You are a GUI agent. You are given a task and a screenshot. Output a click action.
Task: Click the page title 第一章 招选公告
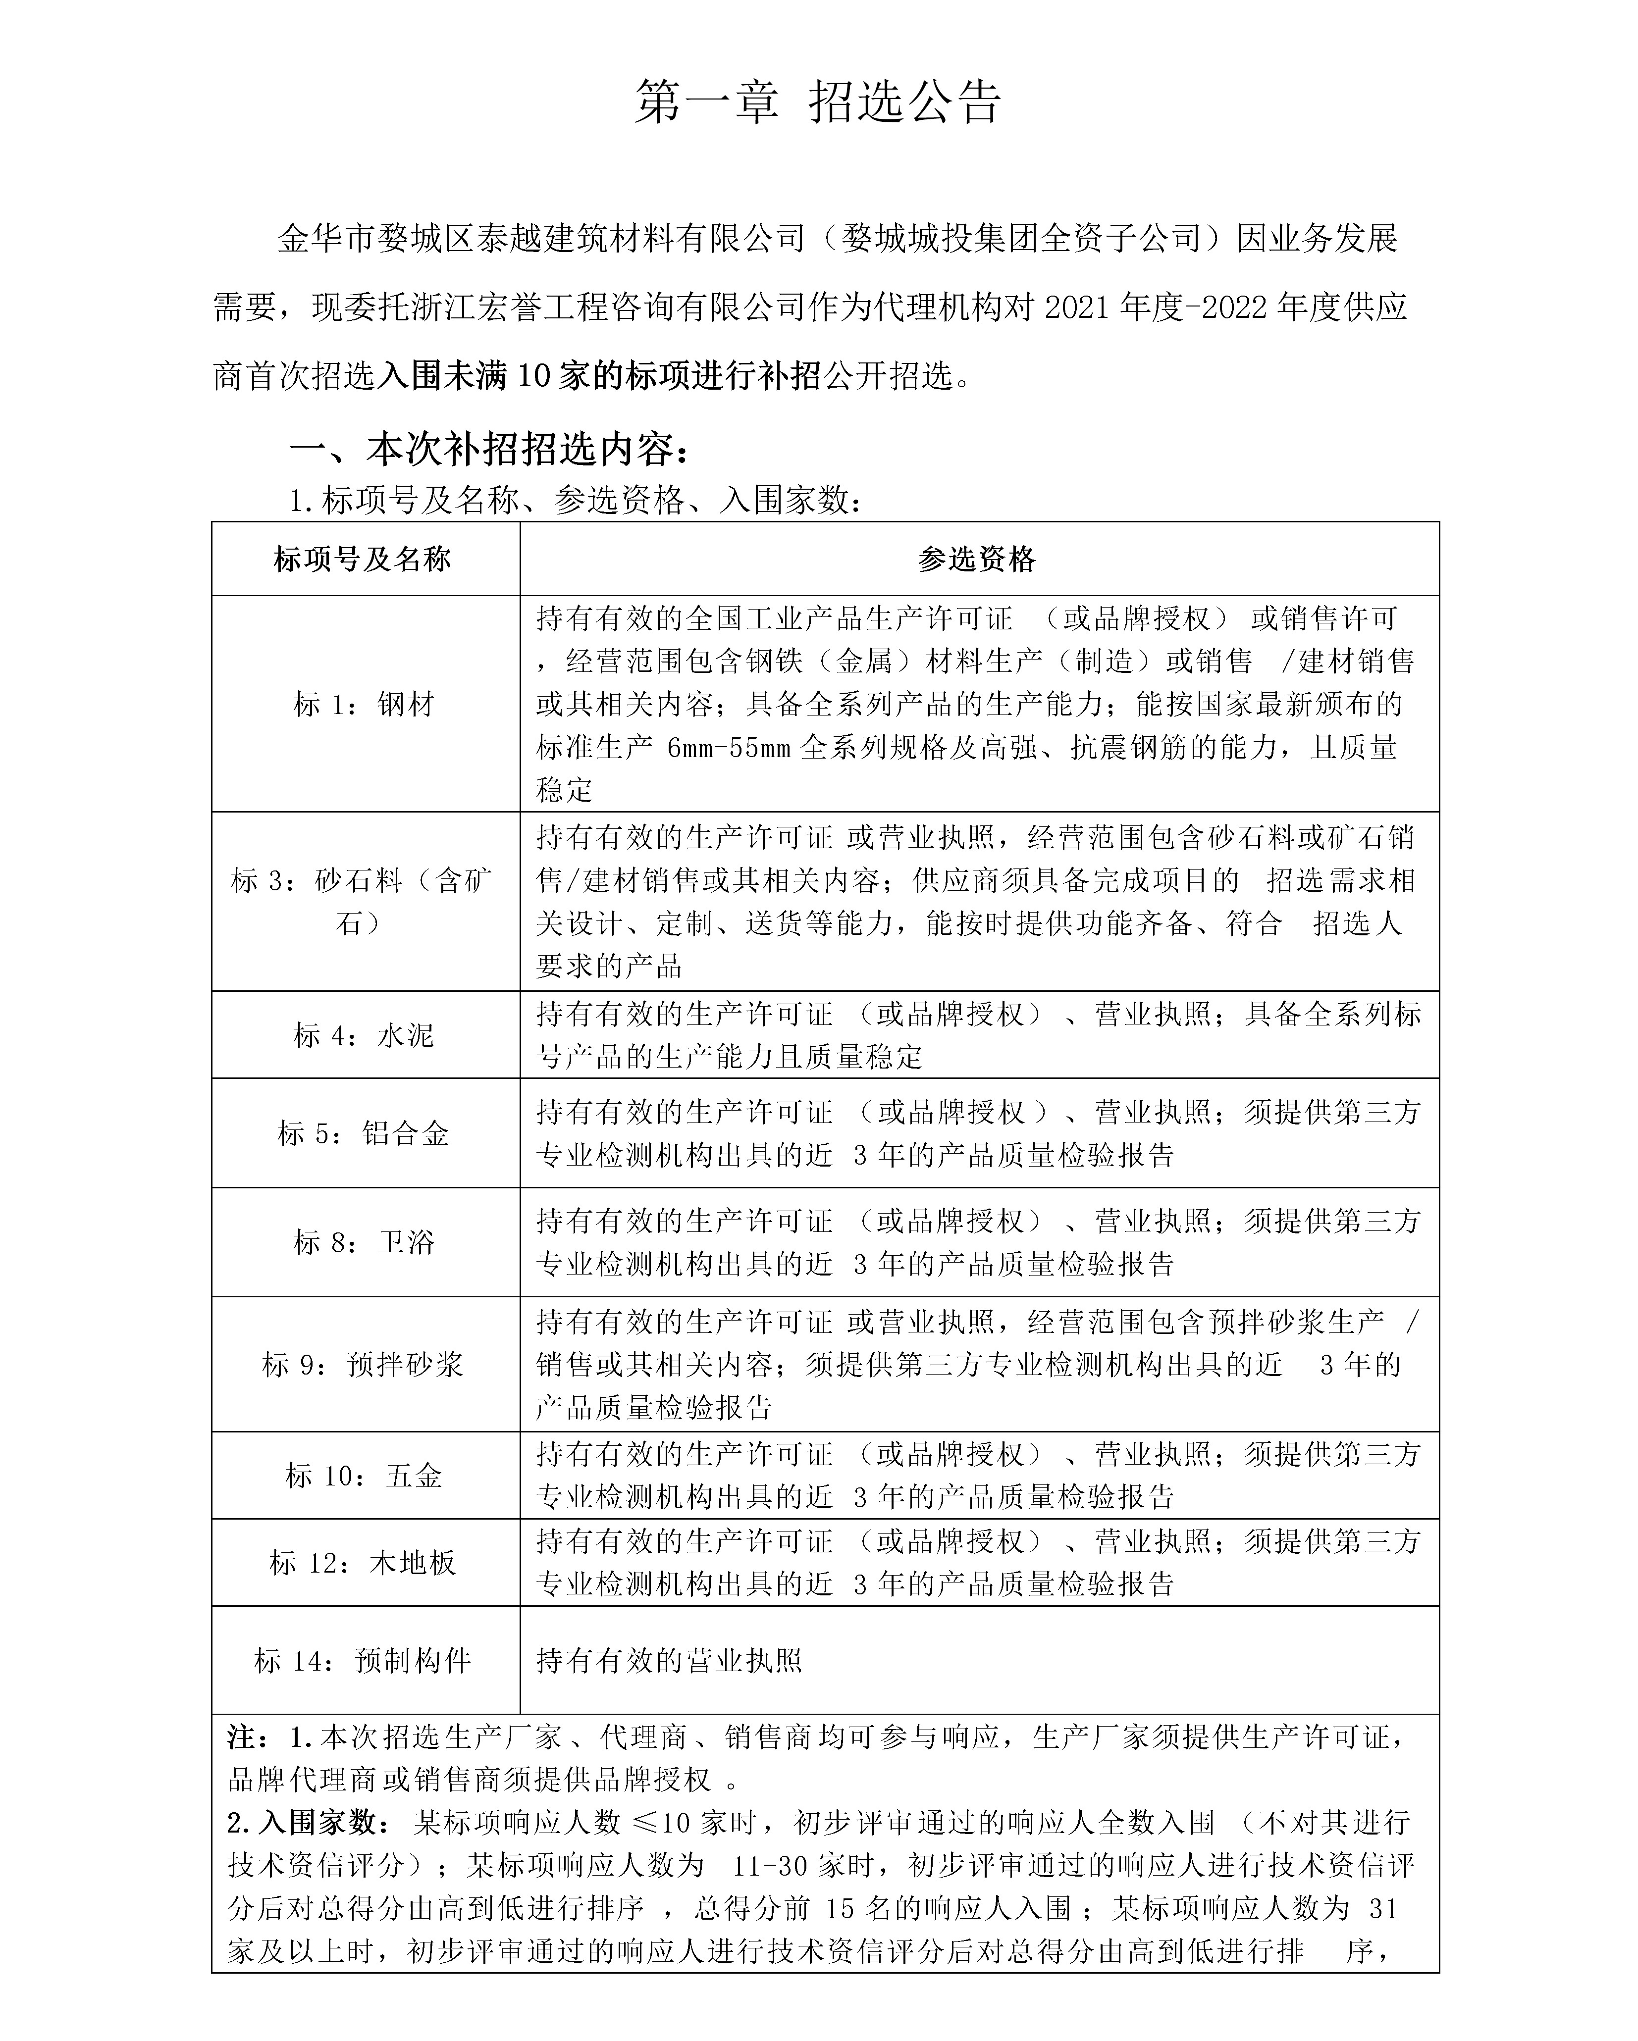817,102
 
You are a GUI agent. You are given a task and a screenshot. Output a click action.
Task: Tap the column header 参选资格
978,560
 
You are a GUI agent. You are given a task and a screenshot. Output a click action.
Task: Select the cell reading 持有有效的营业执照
669,1660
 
